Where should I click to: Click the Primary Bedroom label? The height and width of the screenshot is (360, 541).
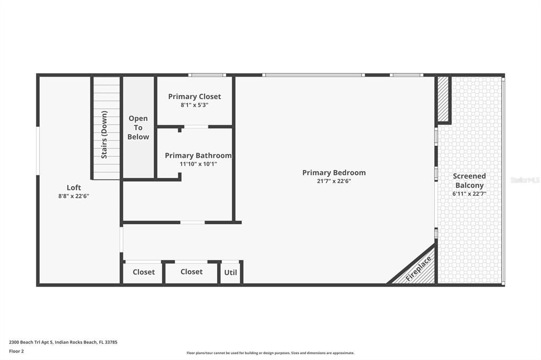(x=333, y=173)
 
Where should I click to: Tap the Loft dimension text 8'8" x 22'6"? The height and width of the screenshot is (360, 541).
(x=73, y=196)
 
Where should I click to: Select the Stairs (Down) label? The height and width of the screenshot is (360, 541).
(x=105, y=134)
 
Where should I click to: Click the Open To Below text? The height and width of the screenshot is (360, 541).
(x=138, y=127)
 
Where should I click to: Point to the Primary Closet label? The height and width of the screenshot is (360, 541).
(x=194, y=97)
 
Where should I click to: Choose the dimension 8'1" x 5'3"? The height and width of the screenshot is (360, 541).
(x=194, y=105)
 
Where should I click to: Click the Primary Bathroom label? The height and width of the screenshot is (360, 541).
(x=198, y=156)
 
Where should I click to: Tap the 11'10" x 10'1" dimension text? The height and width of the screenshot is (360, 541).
(x=198, y=164)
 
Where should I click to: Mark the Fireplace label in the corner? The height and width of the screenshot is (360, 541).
(x=418, y=268)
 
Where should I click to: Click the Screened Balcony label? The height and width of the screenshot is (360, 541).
(x=469, y=181)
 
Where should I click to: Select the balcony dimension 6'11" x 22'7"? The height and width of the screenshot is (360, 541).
(x=469, y=194)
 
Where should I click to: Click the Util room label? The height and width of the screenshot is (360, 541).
(x=231, y=272)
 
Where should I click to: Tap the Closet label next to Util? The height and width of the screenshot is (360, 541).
(x=191, y=272)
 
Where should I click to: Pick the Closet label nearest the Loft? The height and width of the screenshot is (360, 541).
(x=144, y=272)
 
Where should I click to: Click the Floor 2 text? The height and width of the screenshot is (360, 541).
(x=16, y=351)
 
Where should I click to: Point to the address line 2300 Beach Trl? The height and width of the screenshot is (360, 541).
(x=63, y=342)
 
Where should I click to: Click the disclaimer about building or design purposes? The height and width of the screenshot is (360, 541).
(x=270, y=353)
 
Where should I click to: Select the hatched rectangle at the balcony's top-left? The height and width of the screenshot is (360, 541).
(x=443, y=99)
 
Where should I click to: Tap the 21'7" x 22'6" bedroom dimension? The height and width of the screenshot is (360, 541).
(x=333, y=181)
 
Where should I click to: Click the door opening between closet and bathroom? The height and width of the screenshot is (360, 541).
(x=195, y=127)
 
